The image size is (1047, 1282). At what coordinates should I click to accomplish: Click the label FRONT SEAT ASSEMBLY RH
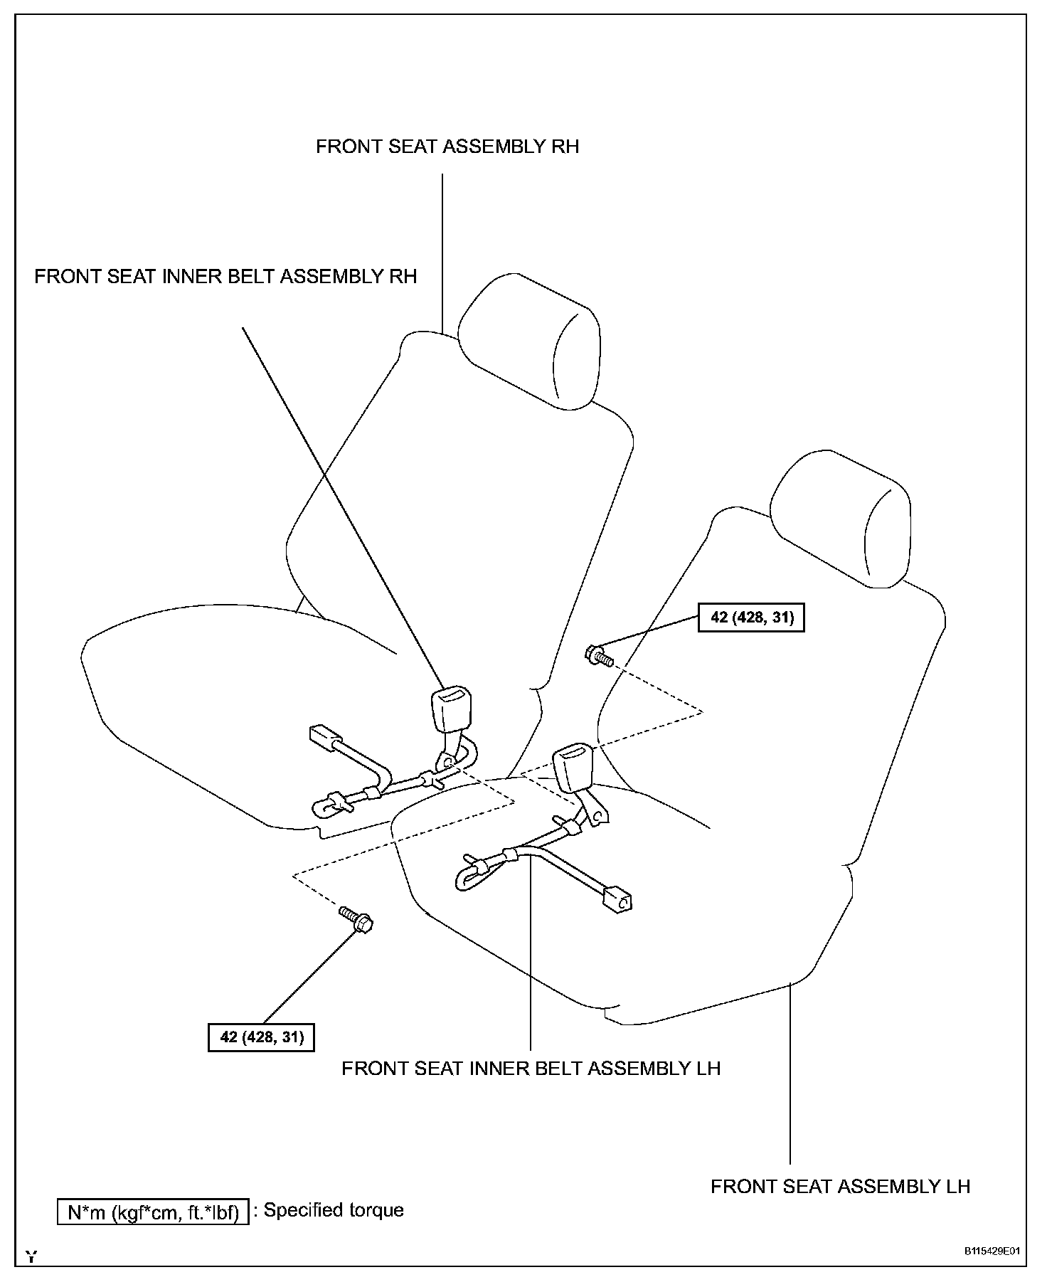point(447,147)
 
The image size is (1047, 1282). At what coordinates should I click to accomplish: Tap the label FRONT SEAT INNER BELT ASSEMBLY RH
point(225,276)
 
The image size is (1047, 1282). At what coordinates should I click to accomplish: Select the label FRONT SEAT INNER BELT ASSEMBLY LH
point(531,1069)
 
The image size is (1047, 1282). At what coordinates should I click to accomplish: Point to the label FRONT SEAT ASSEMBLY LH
point(840,1187)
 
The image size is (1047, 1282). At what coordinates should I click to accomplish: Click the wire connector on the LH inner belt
point(616,898)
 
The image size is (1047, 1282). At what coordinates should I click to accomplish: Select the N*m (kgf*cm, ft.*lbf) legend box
point(153,1212)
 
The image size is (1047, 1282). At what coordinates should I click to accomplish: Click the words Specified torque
point(334,1210)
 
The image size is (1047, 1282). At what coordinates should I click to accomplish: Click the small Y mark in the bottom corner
point(31,1256)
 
